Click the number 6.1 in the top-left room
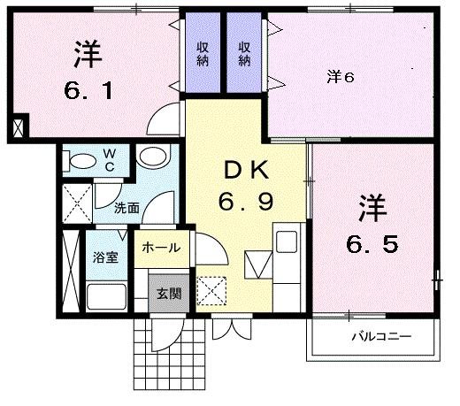pos(86,90)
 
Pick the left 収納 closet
pos(203,54)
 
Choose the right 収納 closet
pos(244,54)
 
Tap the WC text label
pos(111,159)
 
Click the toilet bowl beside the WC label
pos(83,160)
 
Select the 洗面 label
pos(126,209)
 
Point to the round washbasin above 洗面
pos(152,158)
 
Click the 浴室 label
pos(106,259)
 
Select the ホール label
pos(160,248)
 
